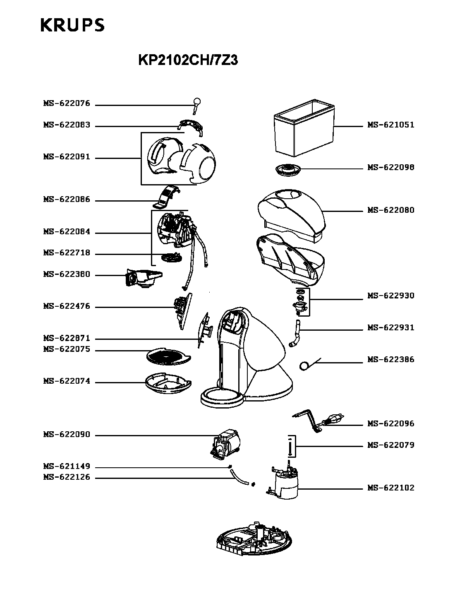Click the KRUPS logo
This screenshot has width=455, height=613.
click(x=72, y=25)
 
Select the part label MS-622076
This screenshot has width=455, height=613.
click(x=67, y=103)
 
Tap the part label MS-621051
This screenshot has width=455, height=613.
click(x=391, y=125)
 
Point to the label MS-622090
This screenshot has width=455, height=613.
click(x=67, y=435)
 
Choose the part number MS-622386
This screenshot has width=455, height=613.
click(x=391, y=360)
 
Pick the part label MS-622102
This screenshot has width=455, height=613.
click(x=391, y=488)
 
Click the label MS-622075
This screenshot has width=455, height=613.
click(x=67, y=349)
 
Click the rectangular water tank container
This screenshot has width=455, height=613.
click(x=304, y=128)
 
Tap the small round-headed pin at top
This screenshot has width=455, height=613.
click(x=197, y=104)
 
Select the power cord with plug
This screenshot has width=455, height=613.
click(x=318, y=421)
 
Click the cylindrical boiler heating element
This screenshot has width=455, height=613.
click(x=286, y=482)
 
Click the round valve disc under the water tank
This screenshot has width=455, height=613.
click(x=288, y=169)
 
